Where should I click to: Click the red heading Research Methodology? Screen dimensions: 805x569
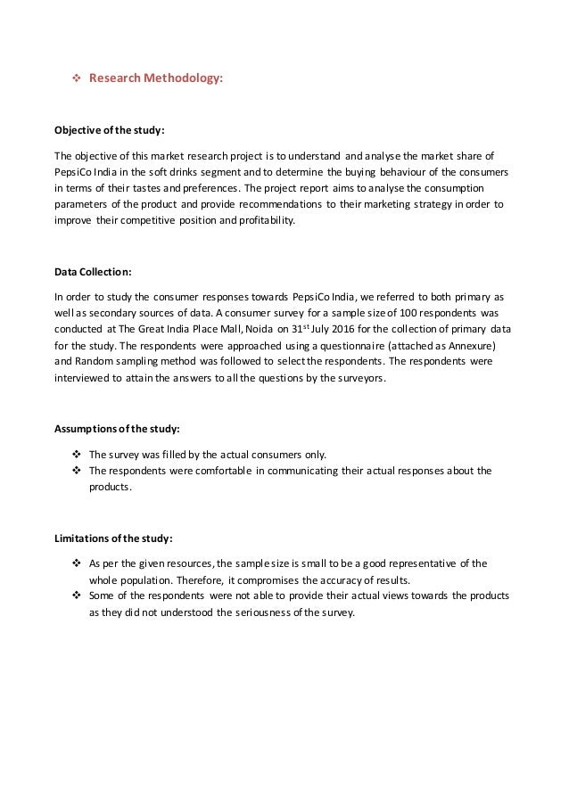(156, 78)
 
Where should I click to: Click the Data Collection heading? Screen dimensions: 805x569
(95, 273)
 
